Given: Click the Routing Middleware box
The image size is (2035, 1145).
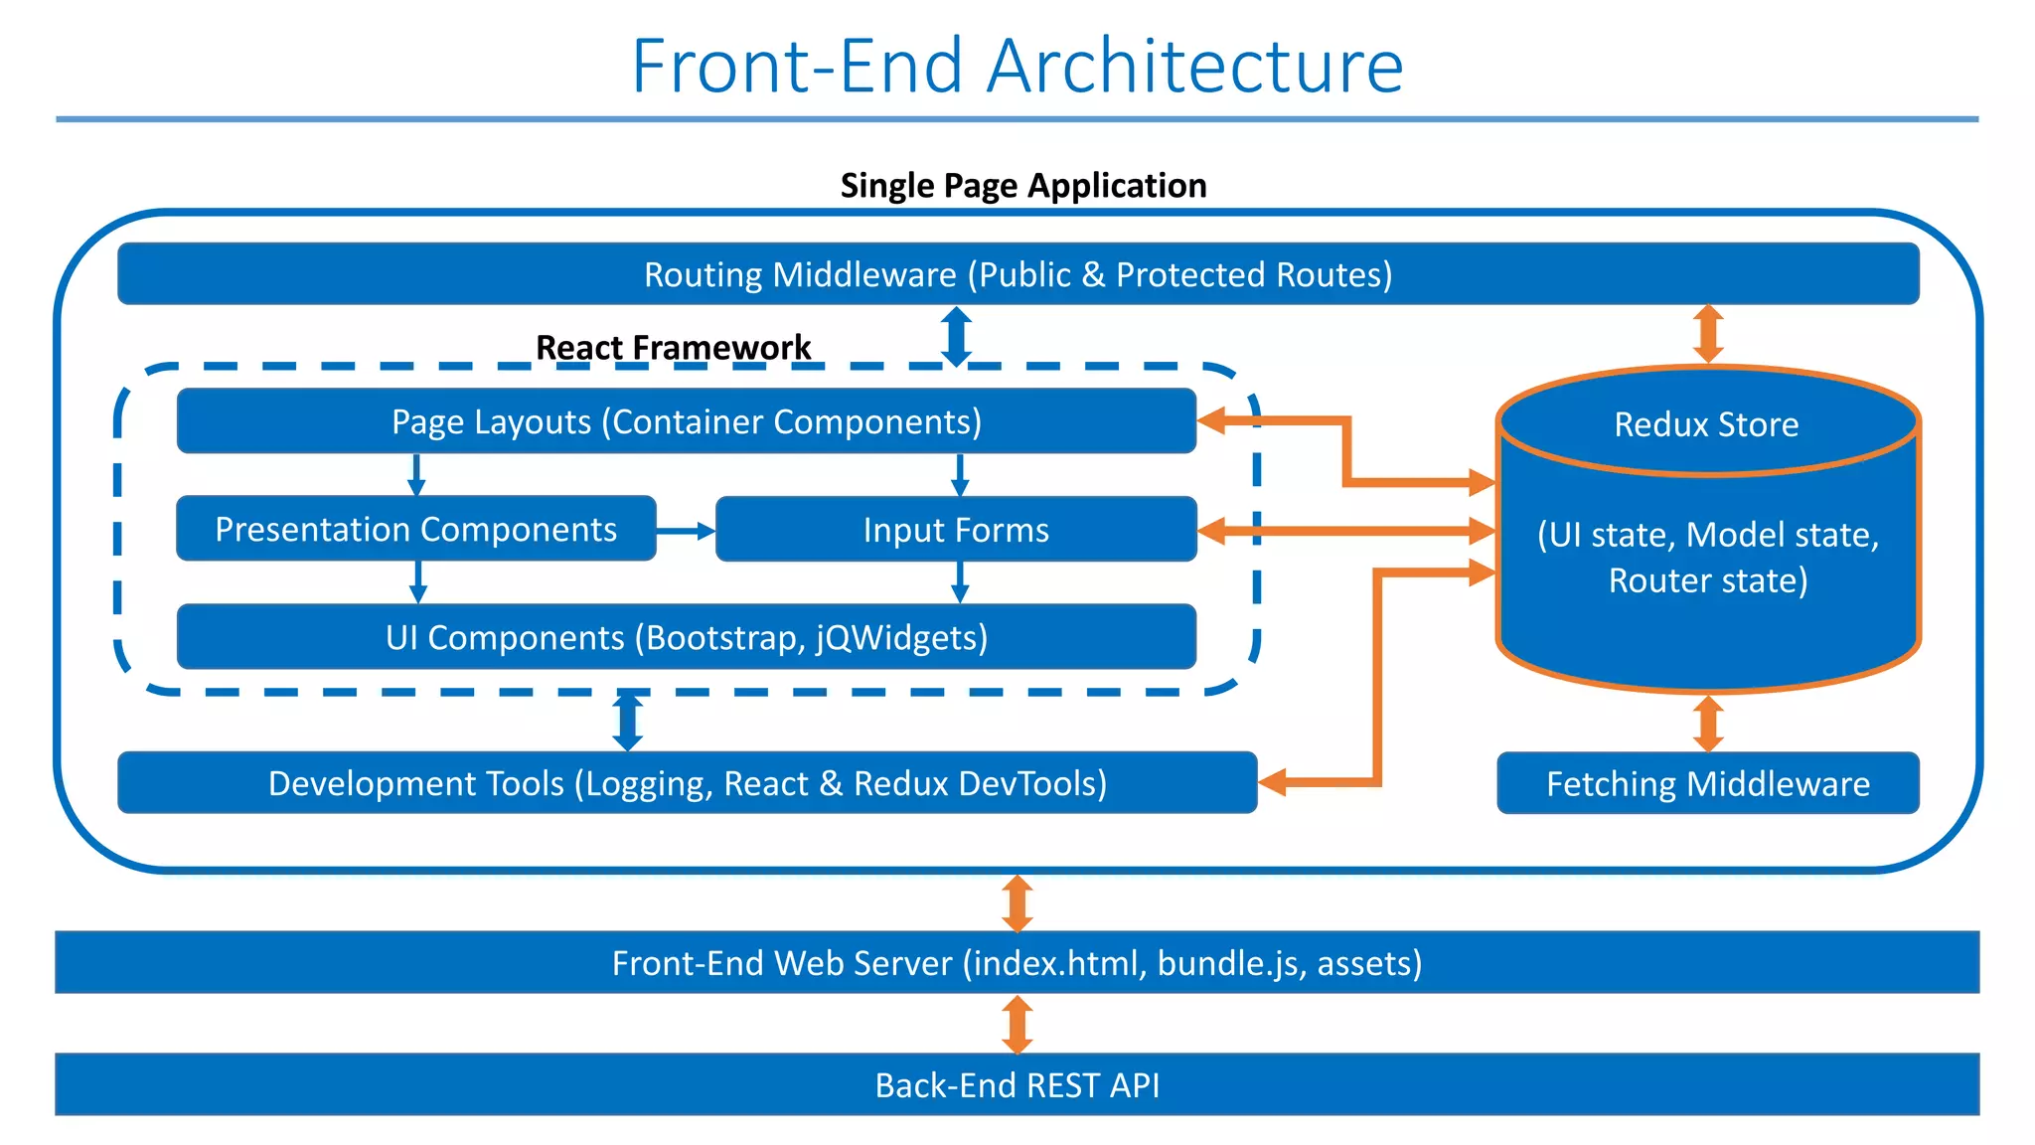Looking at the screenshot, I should [x=1017, y=274].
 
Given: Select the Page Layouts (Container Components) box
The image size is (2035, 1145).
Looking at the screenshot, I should [x=686, y=421].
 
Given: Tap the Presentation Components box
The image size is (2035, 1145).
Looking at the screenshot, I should [x=415, y=529].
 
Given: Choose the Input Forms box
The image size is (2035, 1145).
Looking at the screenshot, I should [x=956, y=530].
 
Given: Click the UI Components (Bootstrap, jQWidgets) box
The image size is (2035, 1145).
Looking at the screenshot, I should [x=686, y=637].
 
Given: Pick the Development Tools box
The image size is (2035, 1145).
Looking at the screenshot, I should [x=687, y=783].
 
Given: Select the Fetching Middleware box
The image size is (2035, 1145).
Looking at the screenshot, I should [x=1707, y=784].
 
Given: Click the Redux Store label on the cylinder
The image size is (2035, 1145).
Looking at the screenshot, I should [x=1706, y=424].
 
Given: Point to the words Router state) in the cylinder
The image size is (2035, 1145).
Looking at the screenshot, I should [x=1707, y=580].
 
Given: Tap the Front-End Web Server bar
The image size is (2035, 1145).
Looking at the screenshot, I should [x=1017, y=962].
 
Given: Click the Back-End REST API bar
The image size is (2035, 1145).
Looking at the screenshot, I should [x=1017, y=1084].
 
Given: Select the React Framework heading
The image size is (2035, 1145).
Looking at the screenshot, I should [x=673, y=347].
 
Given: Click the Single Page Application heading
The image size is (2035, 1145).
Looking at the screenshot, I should [x=1022, y=185].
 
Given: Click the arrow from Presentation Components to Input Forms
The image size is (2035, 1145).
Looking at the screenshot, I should [x=686, y=531].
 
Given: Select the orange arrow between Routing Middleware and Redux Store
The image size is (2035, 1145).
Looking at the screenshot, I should [x=1707, y=334].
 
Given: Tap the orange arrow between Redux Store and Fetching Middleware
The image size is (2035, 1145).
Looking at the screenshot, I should [x=1707, y=723].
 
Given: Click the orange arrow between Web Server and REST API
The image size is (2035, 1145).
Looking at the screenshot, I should [x=1017, y=1024].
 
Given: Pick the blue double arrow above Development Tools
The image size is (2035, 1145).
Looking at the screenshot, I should [x=628, y=722].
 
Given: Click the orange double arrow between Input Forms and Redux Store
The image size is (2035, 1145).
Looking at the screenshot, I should [x=1345, y=531].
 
